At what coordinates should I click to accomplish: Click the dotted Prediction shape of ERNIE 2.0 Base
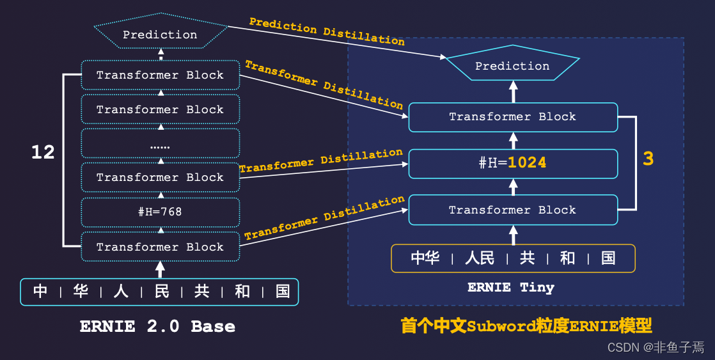tap(160, 35)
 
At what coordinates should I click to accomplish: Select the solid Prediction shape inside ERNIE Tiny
tap(512, 66)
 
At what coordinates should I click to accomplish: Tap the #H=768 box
tap(160, 212)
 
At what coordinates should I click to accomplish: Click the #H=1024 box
tap(513, 163)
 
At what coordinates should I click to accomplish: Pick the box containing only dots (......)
tap(160, 144)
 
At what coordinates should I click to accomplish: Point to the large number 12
tap(43, 152)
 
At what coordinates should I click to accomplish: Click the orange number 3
tap(648, 159)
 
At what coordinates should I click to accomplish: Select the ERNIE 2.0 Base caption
tap(157, 326)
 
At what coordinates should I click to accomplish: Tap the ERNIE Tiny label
tap(510, 287)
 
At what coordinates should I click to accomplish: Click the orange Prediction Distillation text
tap(327, 31)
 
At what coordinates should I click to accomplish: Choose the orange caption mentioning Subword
tap(526, 326)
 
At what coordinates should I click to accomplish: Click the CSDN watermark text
tap(656, 347)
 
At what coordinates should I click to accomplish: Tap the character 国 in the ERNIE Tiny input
tap(608, 258)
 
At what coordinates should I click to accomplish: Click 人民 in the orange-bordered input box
tap(480, 258)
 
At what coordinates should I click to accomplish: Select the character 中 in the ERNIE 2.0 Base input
tap(40, 292)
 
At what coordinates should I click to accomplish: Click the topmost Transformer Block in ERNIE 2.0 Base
tap(160, 75)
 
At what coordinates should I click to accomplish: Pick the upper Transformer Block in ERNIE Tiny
tap(513, 117)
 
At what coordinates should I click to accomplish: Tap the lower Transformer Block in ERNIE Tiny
tap(513, 210)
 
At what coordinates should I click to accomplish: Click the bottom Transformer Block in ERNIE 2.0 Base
tap(160, 247)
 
